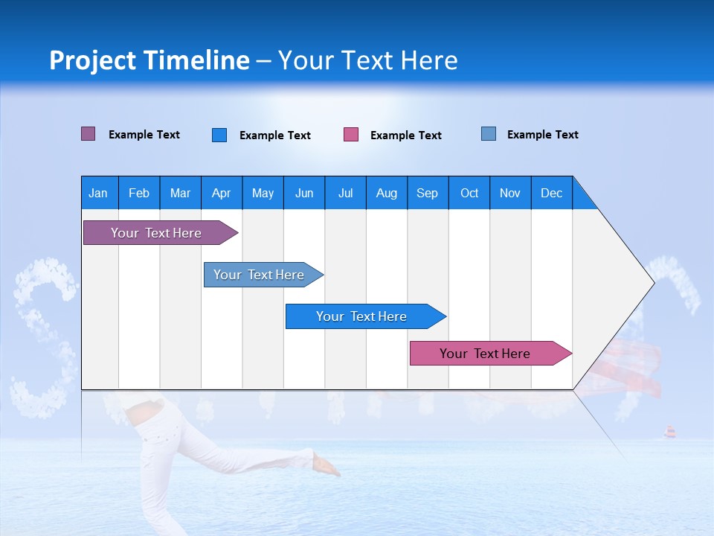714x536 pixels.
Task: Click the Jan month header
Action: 99,193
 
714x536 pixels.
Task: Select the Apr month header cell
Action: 222,193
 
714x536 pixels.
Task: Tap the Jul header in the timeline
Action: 345,193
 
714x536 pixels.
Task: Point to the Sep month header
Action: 428,193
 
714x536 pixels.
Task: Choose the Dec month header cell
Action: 551,193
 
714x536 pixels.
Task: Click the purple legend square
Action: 89,134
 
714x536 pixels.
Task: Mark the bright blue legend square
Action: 219,135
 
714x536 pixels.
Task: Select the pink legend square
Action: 351,135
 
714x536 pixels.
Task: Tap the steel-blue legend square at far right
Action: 489,134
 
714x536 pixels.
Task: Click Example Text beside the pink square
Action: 405,135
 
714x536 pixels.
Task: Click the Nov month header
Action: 510,193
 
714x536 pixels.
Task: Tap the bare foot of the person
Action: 326,465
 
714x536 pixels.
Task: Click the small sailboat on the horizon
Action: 670,432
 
